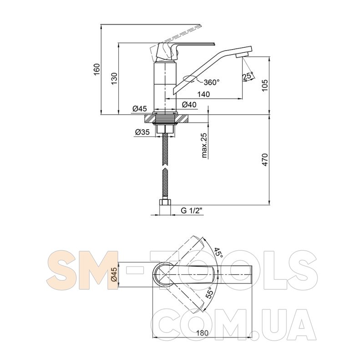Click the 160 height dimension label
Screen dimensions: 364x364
click(x=97, y=69)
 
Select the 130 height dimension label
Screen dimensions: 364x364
click(x=114, y=78)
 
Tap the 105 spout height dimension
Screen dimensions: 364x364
click(x=265, y=86)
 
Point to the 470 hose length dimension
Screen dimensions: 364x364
click(x=265, y=160)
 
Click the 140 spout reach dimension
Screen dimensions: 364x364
click(x=203, y=94)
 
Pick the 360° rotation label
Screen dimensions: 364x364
click(x=212, y=82)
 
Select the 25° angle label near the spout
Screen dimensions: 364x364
click(x=248, y=76)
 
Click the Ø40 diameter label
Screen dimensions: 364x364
click(x=189, y=105)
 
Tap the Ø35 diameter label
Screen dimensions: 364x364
click(x=142, y=132)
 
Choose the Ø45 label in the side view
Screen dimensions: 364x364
click(x=140, y=108)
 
